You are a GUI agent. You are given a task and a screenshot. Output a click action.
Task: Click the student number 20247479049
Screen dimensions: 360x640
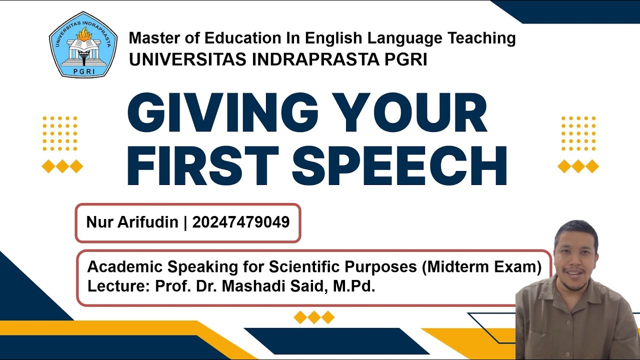pyautogui.click(x=241, y=222)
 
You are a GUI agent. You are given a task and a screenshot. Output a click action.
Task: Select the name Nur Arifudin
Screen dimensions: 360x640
pyautogui.click(x=132, y=222)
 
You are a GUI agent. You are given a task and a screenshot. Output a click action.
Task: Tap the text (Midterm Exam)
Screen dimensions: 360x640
pyautogui.click(x=481, y=267)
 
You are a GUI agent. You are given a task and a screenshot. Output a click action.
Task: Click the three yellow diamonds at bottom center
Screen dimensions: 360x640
pyautogui.click(x=314, y=317)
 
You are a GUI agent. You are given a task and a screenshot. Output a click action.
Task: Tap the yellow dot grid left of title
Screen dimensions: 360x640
pyautogui.click(x=60, y=133)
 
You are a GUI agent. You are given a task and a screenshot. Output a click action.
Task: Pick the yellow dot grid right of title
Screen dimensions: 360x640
pyautogui.click(x=578, y=133)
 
